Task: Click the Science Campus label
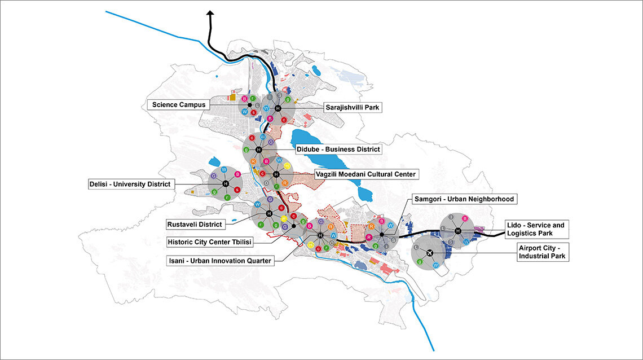(179, 104)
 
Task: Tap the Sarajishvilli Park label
(353, 107)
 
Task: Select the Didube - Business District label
(338, 150)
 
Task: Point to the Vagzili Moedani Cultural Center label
(365, 174)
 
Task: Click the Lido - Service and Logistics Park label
(535, 229)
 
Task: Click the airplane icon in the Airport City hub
(430, 253)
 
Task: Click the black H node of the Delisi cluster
(225, 184)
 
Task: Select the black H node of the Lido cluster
(457, 231)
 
